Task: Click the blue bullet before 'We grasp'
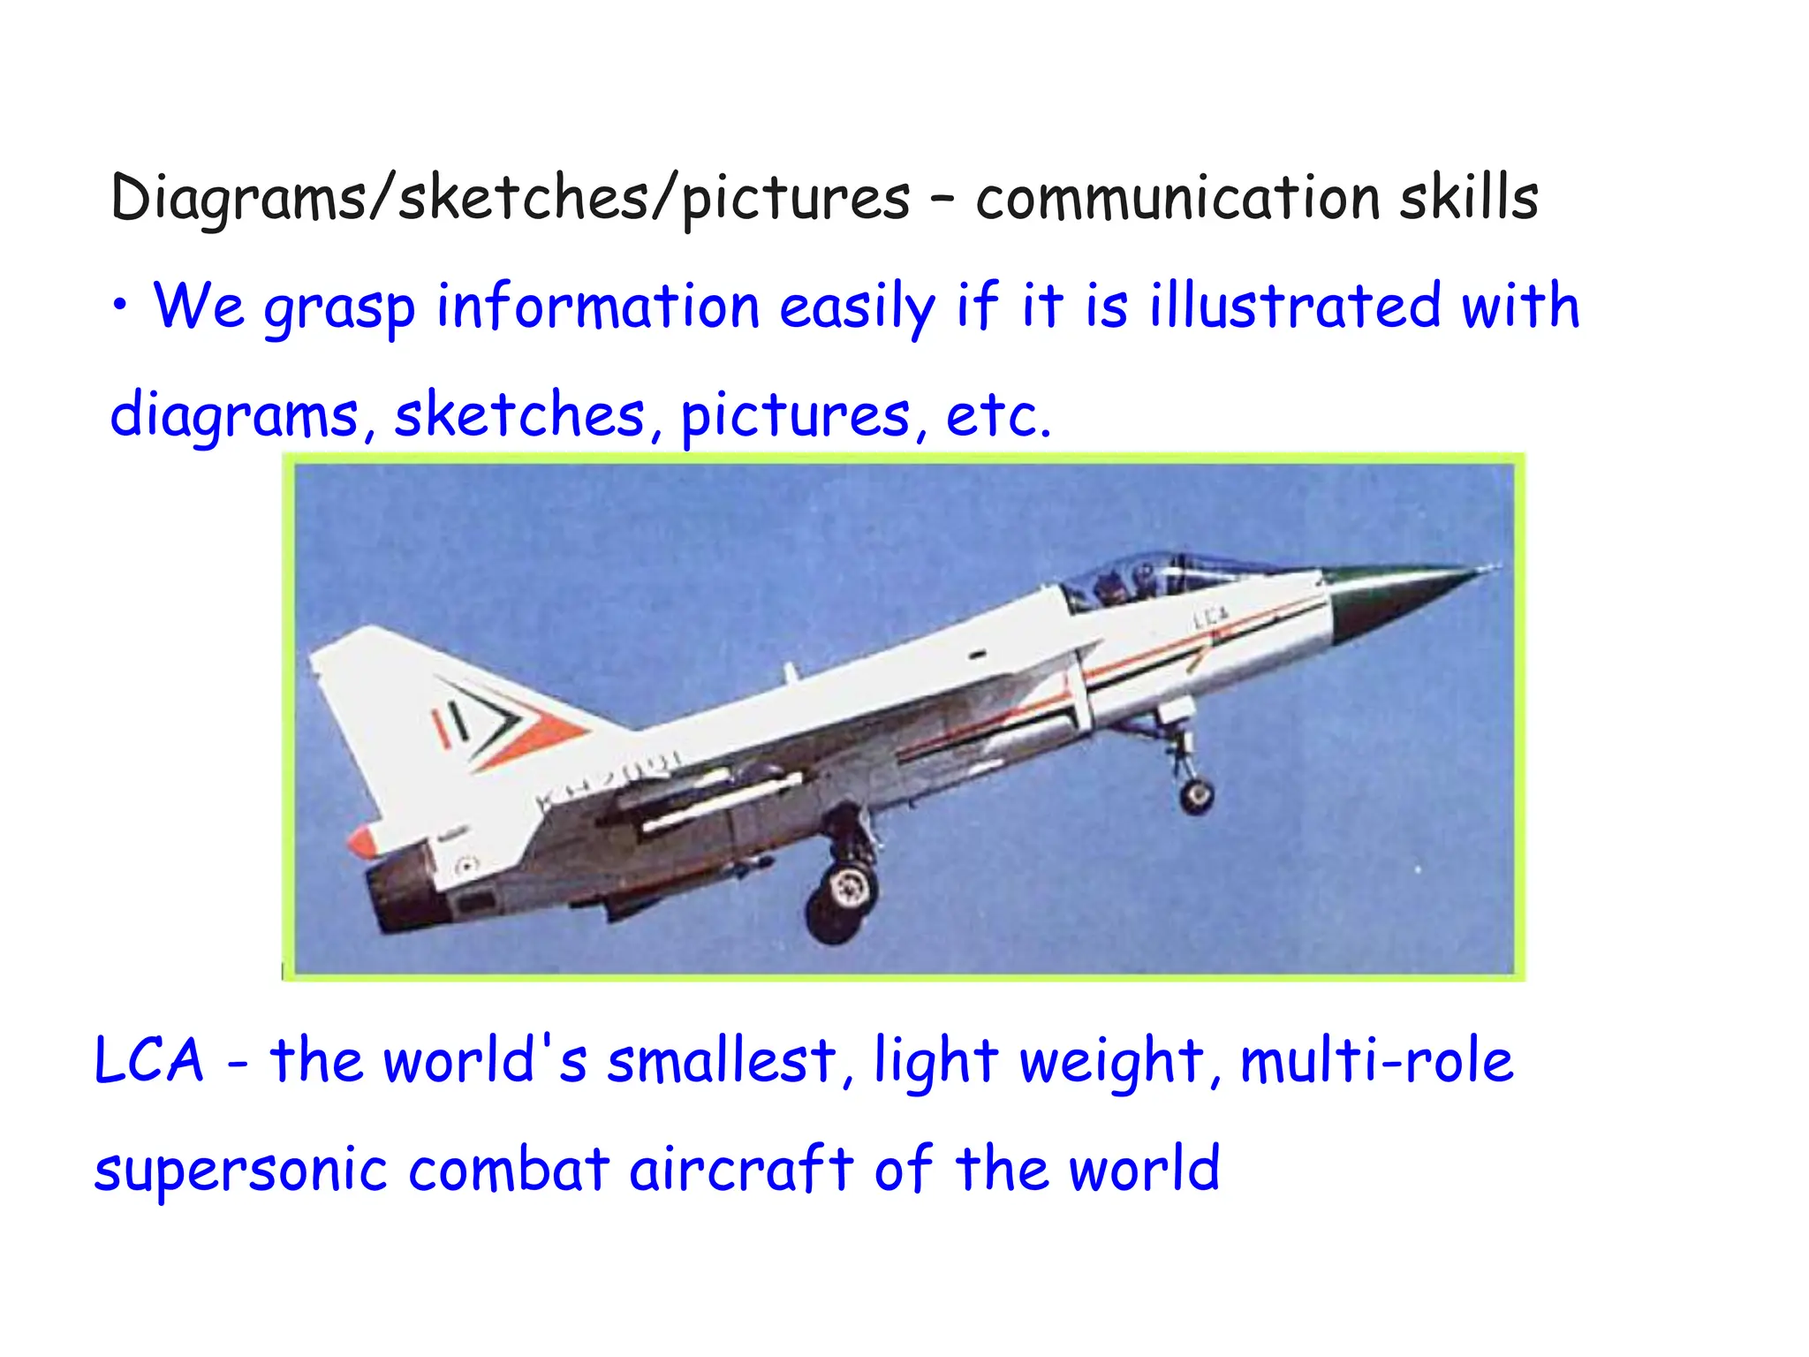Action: [x=120, y=306]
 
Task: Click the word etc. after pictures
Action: [x=998, y=414]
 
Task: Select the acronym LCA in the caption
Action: [x=148, y=1060]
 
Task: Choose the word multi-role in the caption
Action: [x=1376, y=1060]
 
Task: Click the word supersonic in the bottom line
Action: [x=240, y=1170]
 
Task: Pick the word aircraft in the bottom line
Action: [x=741, y=1170]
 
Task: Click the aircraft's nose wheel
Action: [x=1196, y=795]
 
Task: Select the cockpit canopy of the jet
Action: [x=1139, y=579]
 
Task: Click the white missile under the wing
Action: [x=720, y=805]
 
